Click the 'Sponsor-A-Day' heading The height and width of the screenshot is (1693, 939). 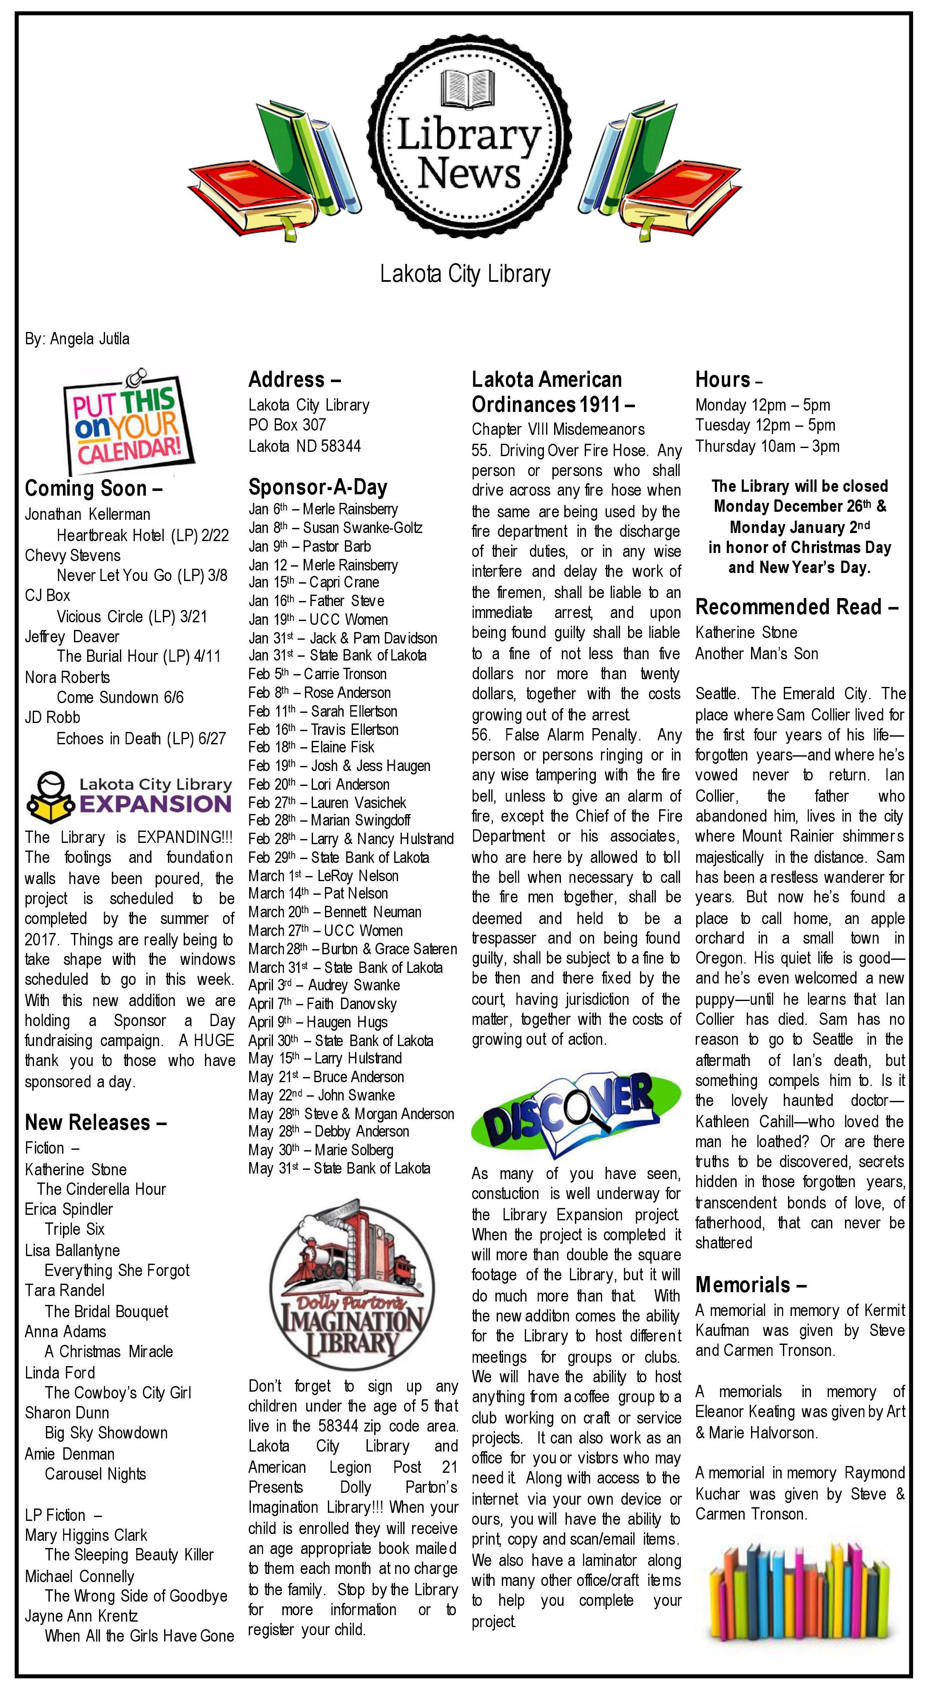click(x=318, y=487)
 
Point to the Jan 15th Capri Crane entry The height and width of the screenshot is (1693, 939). click(x=314, y=582)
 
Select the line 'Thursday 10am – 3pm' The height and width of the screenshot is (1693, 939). click(x=767, y=446)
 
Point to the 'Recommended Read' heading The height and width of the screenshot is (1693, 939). click(x=796, y=607)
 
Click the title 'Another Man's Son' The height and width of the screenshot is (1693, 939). click(x=757, y=653)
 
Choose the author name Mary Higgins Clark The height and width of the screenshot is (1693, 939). click(x=86, y=1535)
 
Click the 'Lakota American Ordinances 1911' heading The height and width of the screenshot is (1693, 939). click(x=553, y=392)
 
